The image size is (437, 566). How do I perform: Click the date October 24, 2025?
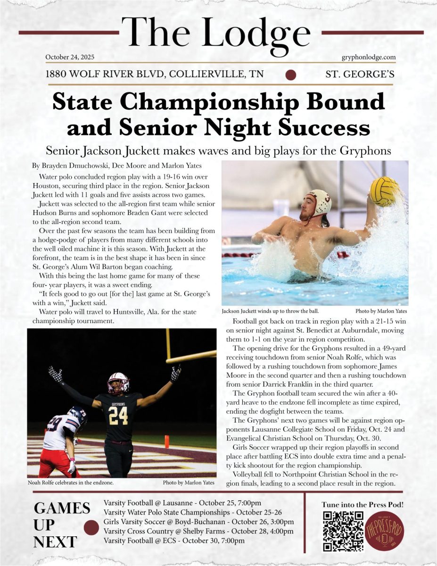pyautogui.click(x=70, y=57)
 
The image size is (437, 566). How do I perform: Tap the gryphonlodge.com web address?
pyautogui.click(x=368, y=57)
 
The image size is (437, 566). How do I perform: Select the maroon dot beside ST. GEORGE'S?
pyautogui.click(x=291, y=75)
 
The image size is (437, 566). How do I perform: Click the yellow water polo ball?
pyautogui.click(x=383, y=191)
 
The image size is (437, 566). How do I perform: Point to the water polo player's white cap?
pyautogui.click(x=319, y=202)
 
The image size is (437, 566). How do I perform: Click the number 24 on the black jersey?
pyautogui.click(x=118, y=416)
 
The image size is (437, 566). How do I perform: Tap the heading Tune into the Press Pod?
pyautogui.click(x=363, y=505)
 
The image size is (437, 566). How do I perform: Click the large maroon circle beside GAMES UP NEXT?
pyautogui.click(x=91, y=527)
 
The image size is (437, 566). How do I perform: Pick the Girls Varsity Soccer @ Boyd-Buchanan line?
pyautogui.click(x=198, y=522)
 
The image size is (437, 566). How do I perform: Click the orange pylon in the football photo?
pyautogui.click(x=166, y=441)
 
